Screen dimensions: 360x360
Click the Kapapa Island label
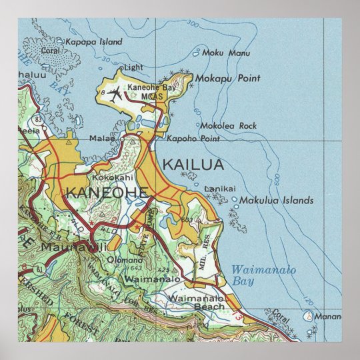click(x=93, y=41)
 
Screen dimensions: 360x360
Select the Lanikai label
click(x=220, y=189)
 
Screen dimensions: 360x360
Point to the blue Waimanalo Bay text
click(x=263, y=275)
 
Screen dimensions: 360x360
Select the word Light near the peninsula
click(x=133, y=67)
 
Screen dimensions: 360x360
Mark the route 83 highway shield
click(x=39, y=119)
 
